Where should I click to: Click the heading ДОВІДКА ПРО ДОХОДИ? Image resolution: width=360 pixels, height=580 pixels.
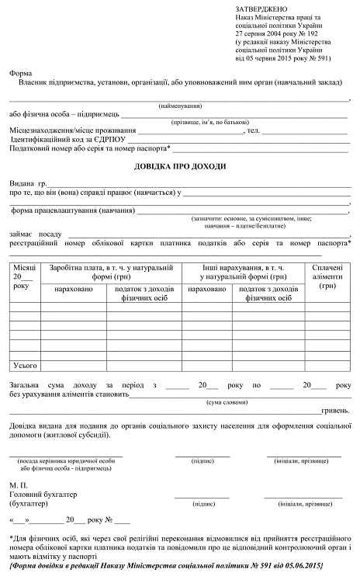click(179, 167)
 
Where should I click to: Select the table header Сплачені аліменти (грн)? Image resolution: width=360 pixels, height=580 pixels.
click(331, 276)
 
